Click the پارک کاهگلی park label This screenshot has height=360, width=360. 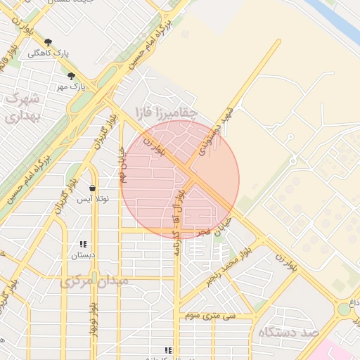point(44,53)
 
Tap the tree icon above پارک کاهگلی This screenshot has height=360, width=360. point(48,42)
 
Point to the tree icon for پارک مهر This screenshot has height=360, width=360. point(71,76)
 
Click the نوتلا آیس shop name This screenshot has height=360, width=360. point(93,200)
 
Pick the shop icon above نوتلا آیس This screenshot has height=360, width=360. point(93,188)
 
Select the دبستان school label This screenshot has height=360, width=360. point(83,255)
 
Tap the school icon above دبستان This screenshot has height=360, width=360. point(83,245)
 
